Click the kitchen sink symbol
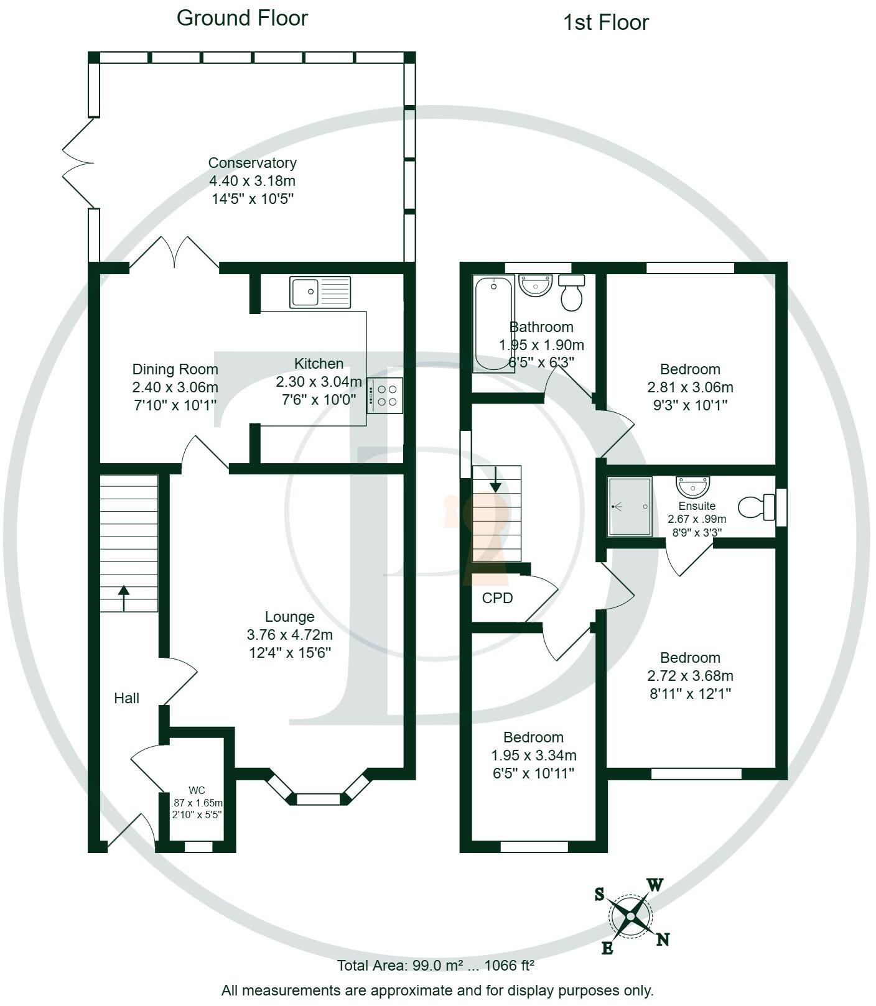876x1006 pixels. (x=320, y=292)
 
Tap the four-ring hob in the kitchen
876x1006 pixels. (x=385, y=395)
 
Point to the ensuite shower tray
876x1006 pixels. (x=630, y=506)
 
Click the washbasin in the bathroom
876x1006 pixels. (x=535, y=285)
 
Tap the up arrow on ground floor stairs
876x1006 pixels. (x=124, y=598)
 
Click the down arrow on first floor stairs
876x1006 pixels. (x=495, y=479)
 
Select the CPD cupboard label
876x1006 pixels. (x=497, y=598)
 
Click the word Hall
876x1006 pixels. (x=126, y=698)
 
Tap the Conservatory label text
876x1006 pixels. (x=252, y=163)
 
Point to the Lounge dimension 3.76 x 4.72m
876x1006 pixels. (x=289, y=635)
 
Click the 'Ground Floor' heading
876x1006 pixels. (x=242, y=18)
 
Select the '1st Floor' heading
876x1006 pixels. (x=605, y=23)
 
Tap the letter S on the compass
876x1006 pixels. (x=599, y=894)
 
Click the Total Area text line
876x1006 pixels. (x=436, y=966)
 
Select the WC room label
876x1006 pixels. (x=197, y=791)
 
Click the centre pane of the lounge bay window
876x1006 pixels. (x=318, y=799)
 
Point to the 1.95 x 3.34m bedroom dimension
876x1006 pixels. (x=533, y=755)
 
